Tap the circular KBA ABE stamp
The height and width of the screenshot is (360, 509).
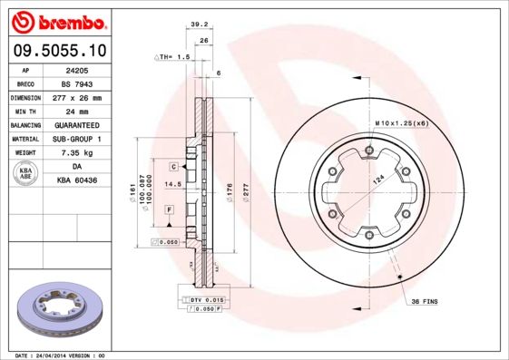pyautogui.click(x=25, y=174)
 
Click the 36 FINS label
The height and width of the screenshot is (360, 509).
pyautogui.click(x=425, y=300)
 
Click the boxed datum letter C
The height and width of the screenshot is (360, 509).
pyautogui.click(x=171, y=168)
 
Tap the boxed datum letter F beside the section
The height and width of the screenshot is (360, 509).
pyautogui.click(x=169, y=209)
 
